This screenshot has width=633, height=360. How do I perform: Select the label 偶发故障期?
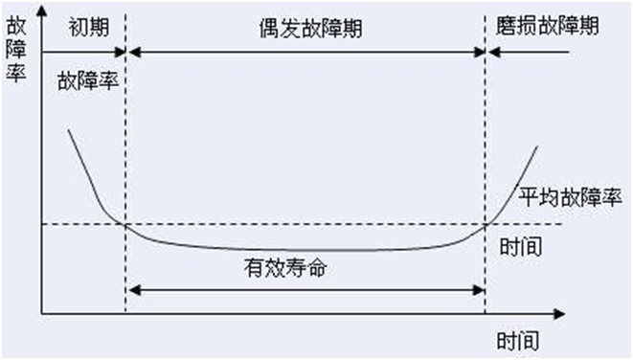(304, 26)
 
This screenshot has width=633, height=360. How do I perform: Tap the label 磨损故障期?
(549, 26)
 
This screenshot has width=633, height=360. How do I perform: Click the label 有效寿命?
(284, 268)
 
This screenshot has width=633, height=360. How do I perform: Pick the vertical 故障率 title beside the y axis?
(16, 48)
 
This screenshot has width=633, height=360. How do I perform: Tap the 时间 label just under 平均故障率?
(521, 247)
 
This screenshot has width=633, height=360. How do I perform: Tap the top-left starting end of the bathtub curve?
(68, 127)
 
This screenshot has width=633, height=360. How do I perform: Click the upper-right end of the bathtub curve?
(537, 147)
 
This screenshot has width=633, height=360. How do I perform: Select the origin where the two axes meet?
(41, 313)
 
